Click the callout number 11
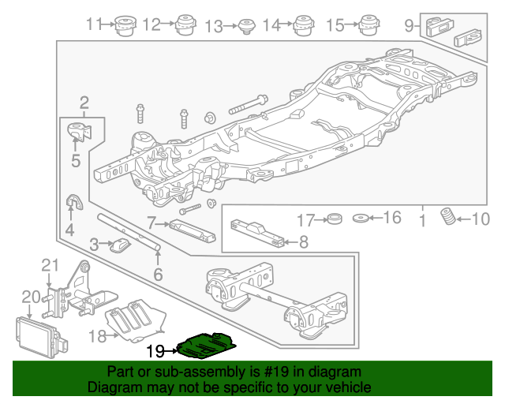[95, 25]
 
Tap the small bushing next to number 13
[246, 26]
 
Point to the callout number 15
[335, 25]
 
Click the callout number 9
[409, 26]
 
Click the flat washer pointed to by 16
[361, 218]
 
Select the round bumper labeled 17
[334, 218]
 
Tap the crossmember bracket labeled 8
[256, 234]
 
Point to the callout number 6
[158, 275]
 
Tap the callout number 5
[76, 162]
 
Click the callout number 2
[84, 102]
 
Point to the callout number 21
[50, 265]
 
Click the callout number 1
[424, 218]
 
